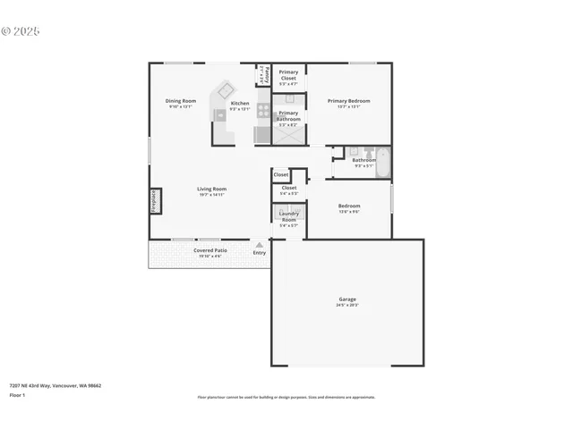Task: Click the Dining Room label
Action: pyautogui.click(x=180, y=101)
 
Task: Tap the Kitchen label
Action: pyautogui.click(x=240, y=104)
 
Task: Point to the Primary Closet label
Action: pyautogui.click(x=288, y=75)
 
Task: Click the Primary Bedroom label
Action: pyautogui.click(x=348, y=101)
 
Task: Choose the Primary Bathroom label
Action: pyautogui.click(x=288, y=116)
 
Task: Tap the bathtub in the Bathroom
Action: pyautogui.click(x=381, y=161)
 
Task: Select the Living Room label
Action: pyautogui.click(x=211, y=189)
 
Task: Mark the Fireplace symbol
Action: pyautogui.click(x=154, y=201)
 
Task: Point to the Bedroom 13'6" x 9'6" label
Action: pyautogui.click(x=348, y=206)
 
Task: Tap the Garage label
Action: pyautogui.click(x=347, y=299)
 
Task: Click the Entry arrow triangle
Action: pyautogui.click(x=260, y=244)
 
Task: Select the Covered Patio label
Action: pyautogui.click(x=210, y=250)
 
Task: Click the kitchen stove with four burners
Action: pyautogui.click(x=263, y=111)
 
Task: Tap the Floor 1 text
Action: pyautogui.click(x=17, y=394)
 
